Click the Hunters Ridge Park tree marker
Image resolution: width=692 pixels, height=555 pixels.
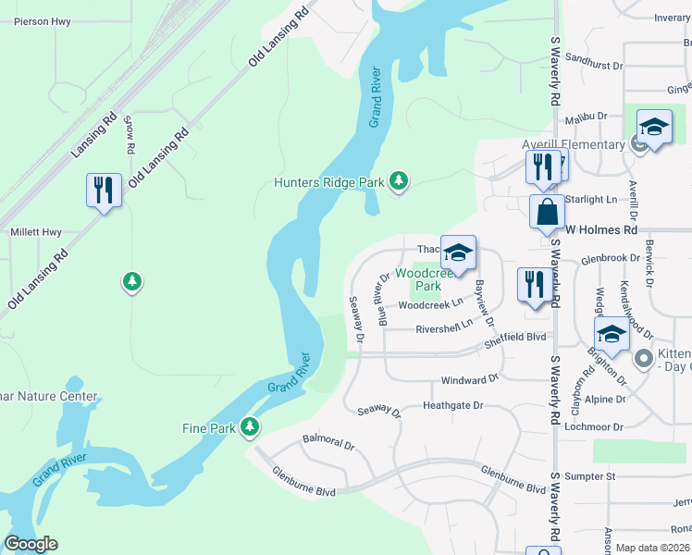click(x=399, y=180)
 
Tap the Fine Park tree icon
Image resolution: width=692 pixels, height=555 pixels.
click(x=249, y=426)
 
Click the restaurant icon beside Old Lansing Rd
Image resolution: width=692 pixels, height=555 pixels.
click(x=103, y=191)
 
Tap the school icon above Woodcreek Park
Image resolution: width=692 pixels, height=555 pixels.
click(x=458, y=252)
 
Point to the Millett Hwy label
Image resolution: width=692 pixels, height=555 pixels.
click(x=35, y=232)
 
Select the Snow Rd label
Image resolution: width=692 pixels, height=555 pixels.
click(x=130, y=135)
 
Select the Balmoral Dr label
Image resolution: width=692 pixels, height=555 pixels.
click(x=328, y=444)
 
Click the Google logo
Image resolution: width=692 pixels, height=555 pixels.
click(x=31, y=544)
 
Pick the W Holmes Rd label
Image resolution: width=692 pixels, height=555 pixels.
click(x=602, y=228)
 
